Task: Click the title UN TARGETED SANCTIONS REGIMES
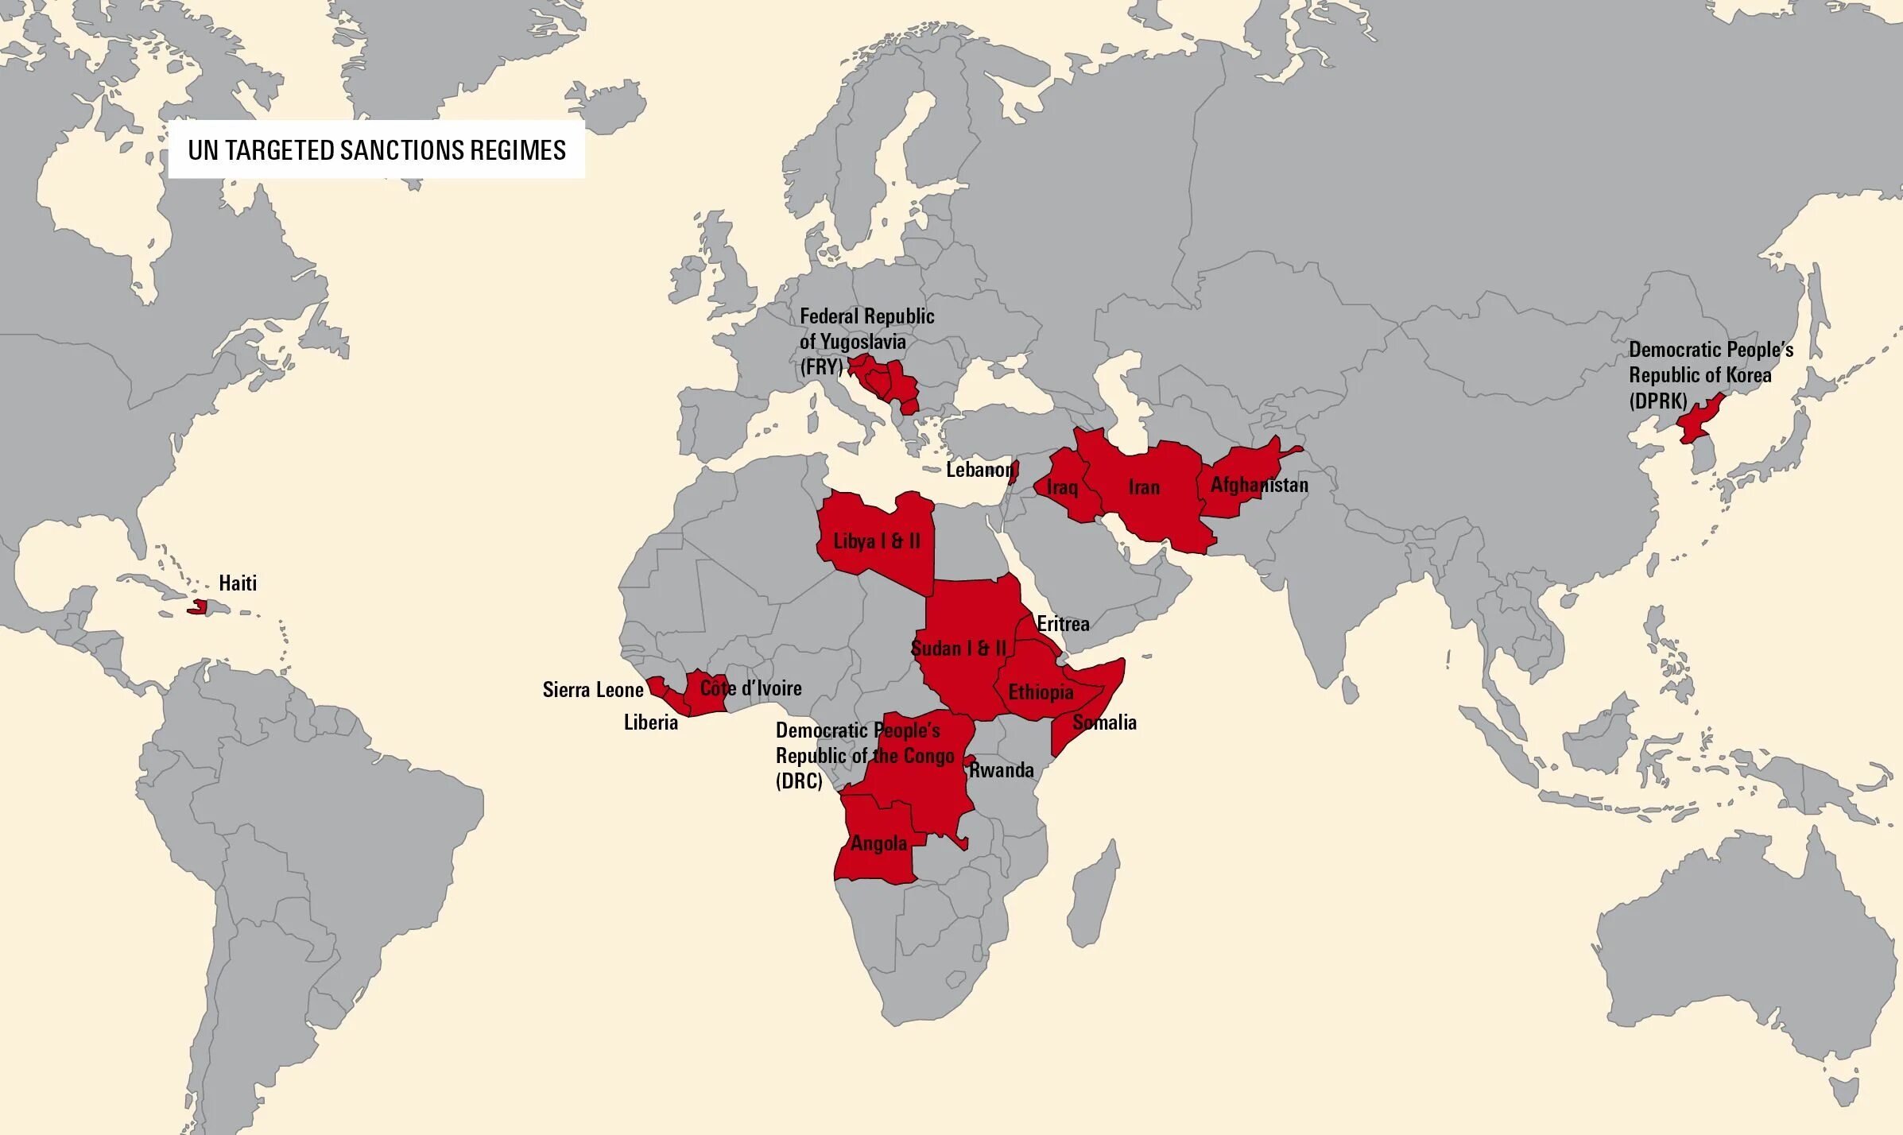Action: point(376,150)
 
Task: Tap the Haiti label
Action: point(238,583)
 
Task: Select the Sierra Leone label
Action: point(592,689)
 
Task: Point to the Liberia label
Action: point(650,722)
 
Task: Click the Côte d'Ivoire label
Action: point(750,688)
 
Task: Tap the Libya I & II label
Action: point(876,541)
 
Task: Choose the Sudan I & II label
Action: point(958,648)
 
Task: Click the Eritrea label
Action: point(1063,623)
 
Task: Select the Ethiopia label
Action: point(1041,692)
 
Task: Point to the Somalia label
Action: point(1104,722)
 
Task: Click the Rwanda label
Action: point(1001,769)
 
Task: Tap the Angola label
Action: point(878,843)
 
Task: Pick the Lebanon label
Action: point(979,470)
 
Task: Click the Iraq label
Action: point(1062,486)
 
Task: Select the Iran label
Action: point(1144,486)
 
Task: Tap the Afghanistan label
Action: point(1258,484)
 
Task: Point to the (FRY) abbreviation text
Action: point(820,366)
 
